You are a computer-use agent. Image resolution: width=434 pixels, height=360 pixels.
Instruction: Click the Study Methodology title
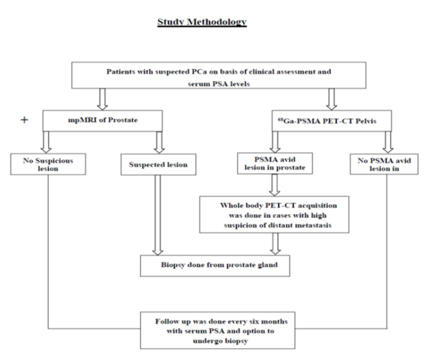[x=202, y=22]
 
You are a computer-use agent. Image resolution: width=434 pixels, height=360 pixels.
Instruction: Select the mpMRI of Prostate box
[x=103, y=121]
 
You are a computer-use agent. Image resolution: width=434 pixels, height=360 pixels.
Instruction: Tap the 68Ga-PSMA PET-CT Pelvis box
[x=331, y=121]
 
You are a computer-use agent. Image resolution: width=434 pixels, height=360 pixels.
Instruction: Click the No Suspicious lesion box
[x=48, y=164]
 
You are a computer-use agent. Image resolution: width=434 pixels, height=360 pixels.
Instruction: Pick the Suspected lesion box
[x=158, y=165]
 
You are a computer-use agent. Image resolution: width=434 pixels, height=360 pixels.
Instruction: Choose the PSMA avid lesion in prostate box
[x=275, y=163]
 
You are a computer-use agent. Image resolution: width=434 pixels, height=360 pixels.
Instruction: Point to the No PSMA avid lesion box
[x=384, y=164]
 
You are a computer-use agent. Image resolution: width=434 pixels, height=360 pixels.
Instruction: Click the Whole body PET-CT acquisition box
[x=275, y=215]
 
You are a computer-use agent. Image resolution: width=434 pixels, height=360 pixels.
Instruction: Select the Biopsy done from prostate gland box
[x=215, y=266]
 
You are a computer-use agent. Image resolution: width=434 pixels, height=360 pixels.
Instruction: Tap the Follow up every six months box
[x=218, y=330]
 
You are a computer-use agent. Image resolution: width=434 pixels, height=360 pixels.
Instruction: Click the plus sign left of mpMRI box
[x=24, y=120]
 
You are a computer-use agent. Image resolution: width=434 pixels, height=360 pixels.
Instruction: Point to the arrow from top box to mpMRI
[x=102, y=99]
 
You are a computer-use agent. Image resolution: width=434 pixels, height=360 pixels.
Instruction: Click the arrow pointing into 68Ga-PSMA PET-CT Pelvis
[x=331, y=99]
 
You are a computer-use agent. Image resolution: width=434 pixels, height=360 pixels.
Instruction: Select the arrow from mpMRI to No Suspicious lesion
[x=46, y=142]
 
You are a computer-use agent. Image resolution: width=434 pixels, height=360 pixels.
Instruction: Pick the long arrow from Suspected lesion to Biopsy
[x=158, y=215]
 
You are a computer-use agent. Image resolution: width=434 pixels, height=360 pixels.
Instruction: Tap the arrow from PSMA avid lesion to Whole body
[x=275, y=185]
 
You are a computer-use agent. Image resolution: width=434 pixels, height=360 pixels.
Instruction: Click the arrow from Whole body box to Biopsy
[x=275, y=244]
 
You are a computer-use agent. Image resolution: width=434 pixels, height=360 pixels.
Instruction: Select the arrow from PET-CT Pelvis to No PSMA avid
[x=388, y=142]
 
